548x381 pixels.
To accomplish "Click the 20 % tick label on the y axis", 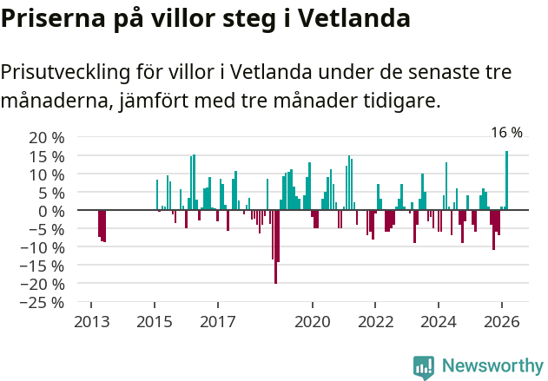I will point(46,138).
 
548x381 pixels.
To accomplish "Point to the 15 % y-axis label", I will point(46,156).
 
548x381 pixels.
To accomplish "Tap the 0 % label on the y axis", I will point(50,211).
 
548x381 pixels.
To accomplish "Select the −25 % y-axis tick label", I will point(43,303).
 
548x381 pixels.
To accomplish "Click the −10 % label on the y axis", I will point(43,247).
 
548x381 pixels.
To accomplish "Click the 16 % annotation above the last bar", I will point(506,133).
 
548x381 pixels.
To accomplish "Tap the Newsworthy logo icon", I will point(424,366).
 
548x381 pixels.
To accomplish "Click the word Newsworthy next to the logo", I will point(492,366).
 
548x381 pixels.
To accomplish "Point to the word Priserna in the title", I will point(53,18).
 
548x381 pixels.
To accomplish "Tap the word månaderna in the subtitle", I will point(53,102).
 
